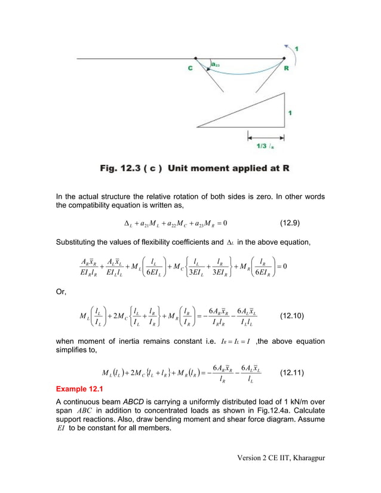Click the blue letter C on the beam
190,68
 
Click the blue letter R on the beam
287,68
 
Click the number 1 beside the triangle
290,112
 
